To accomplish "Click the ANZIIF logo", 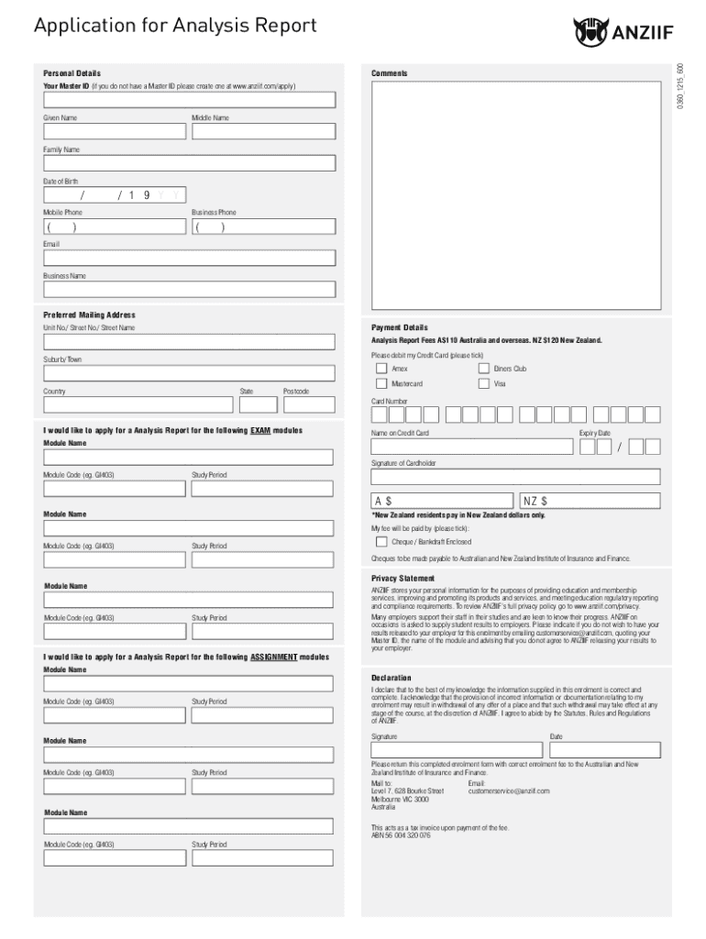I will (x=623, y=32).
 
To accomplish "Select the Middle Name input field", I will (x=263, y=131).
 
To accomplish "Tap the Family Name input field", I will (x=188, y=163).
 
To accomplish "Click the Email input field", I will (x=188, y=259).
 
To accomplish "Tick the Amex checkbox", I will (x=381, y=369).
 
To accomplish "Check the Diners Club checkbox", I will (x=484, y=369).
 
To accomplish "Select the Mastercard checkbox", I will (x=381, y=384).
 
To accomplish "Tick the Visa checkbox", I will (x=484, y=384).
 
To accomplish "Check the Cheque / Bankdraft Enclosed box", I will (x=381, y=542).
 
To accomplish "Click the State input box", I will (x=259, y=405).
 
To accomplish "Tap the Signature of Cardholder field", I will (x=514, y=477).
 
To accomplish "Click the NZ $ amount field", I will (x=590, y=502).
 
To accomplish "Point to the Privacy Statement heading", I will (x=403, y=579).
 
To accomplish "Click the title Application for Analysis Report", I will (x=175, y=26).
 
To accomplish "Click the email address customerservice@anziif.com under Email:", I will (x=508, y=790).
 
